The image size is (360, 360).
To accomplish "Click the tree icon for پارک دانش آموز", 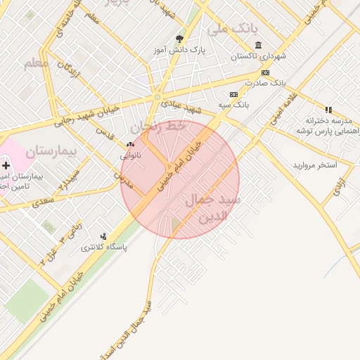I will pos(179,39).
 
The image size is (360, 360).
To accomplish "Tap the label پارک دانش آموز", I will pos(179,51).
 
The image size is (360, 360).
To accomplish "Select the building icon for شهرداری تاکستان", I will pos(259,44).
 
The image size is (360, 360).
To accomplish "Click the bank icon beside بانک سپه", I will pos(233,94).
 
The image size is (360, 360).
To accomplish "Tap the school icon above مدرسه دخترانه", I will pos(328,110).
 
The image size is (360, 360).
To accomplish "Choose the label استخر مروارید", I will pos(315,165).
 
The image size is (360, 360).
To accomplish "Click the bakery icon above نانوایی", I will pos(130,145).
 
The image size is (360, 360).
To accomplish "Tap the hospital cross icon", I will pos(6,165).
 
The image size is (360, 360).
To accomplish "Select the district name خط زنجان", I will pos(165,127).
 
